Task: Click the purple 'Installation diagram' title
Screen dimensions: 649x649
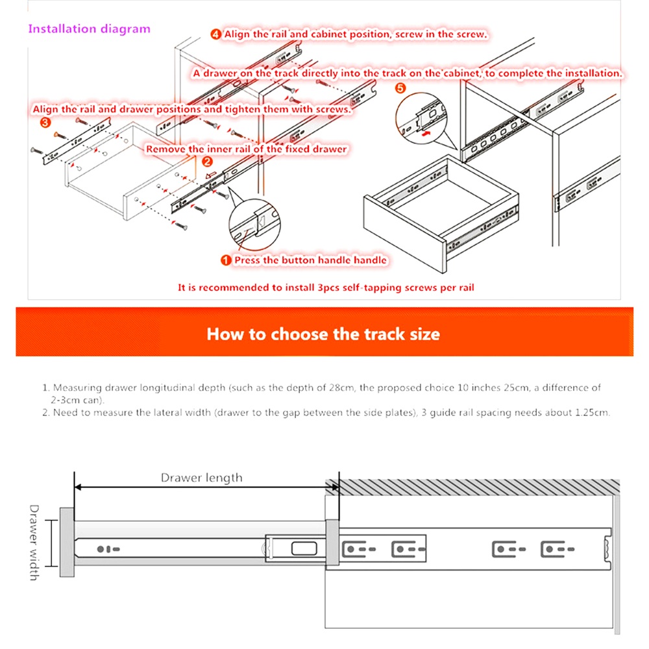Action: pyautogui.click(x=89, y=29)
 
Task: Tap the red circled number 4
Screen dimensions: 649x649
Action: pyautogui.click(x=215, y=34)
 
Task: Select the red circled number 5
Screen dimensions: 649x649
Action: pyautogui.click(x=400, y=88)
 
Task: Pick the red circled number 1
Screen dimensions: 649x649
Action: pyautogui.click(x=226, y=260)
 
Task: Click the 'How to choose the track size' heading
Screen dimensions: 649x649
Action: pyautogui.click(x=323, y=334)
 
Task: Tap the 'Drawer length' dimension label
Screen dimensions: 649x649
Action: pyautogui.click(x=201, y=478)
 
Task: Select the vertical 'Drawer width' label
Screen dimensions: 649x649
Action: pyautogui.click(x=34, y=542)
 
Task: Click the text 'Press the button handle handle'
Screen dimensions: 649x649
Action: pyautogui.click(x=310, y=260)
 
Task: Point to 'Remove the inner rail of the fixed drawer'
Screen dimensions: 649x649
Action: pyautogui.click(x=246, y=149)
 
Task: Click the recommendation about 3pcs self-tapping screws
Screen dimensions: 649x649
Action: pyautogui.click(x=326, y=287)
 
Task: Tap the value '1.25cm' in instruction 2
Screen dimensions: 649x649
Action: pyautogui.click(x=592, y=412)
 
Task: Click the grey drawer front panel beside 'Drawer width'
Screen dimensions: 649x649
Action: pyautogui.click(x=67, y=542)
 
